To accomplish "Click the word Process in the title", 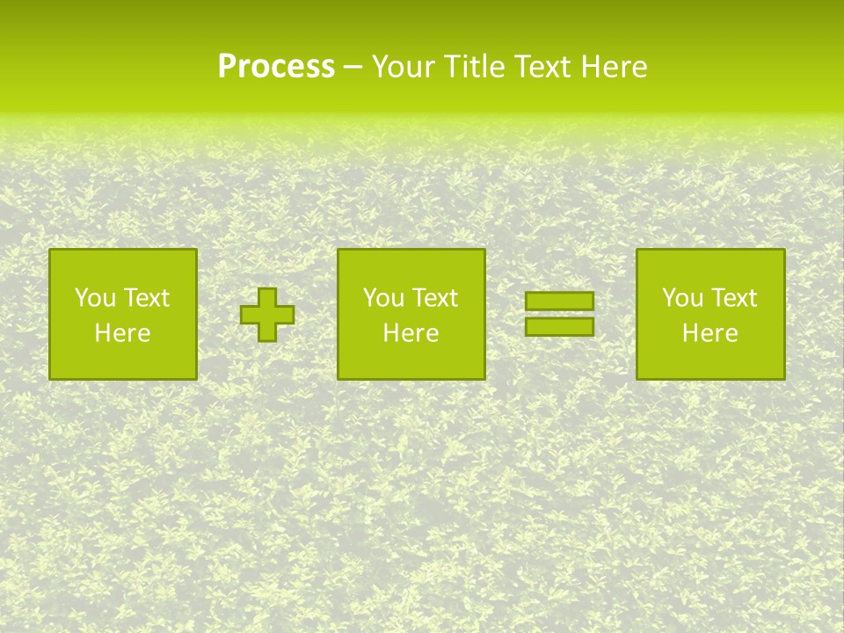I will (276, 67).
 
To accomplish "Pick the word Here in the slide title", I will (615, 67).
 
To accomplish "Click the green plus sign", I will (267, 315).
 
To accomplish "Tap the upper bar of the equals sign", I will (559, 301).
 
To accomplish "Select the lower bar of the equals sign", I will (559, 327).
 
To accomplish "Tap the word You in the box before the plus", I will (94, 298).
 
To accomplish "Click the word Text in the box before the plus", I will (145, 298).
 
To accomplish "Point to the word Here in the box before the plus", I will (122, 333).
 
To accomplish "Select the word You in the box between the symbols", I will (382, 298).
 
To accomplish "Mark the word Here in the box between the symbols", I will (411, 333).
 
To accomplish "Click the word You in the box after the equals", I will (681, 298).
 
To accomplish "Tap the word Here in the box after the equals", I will (710, 333).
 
